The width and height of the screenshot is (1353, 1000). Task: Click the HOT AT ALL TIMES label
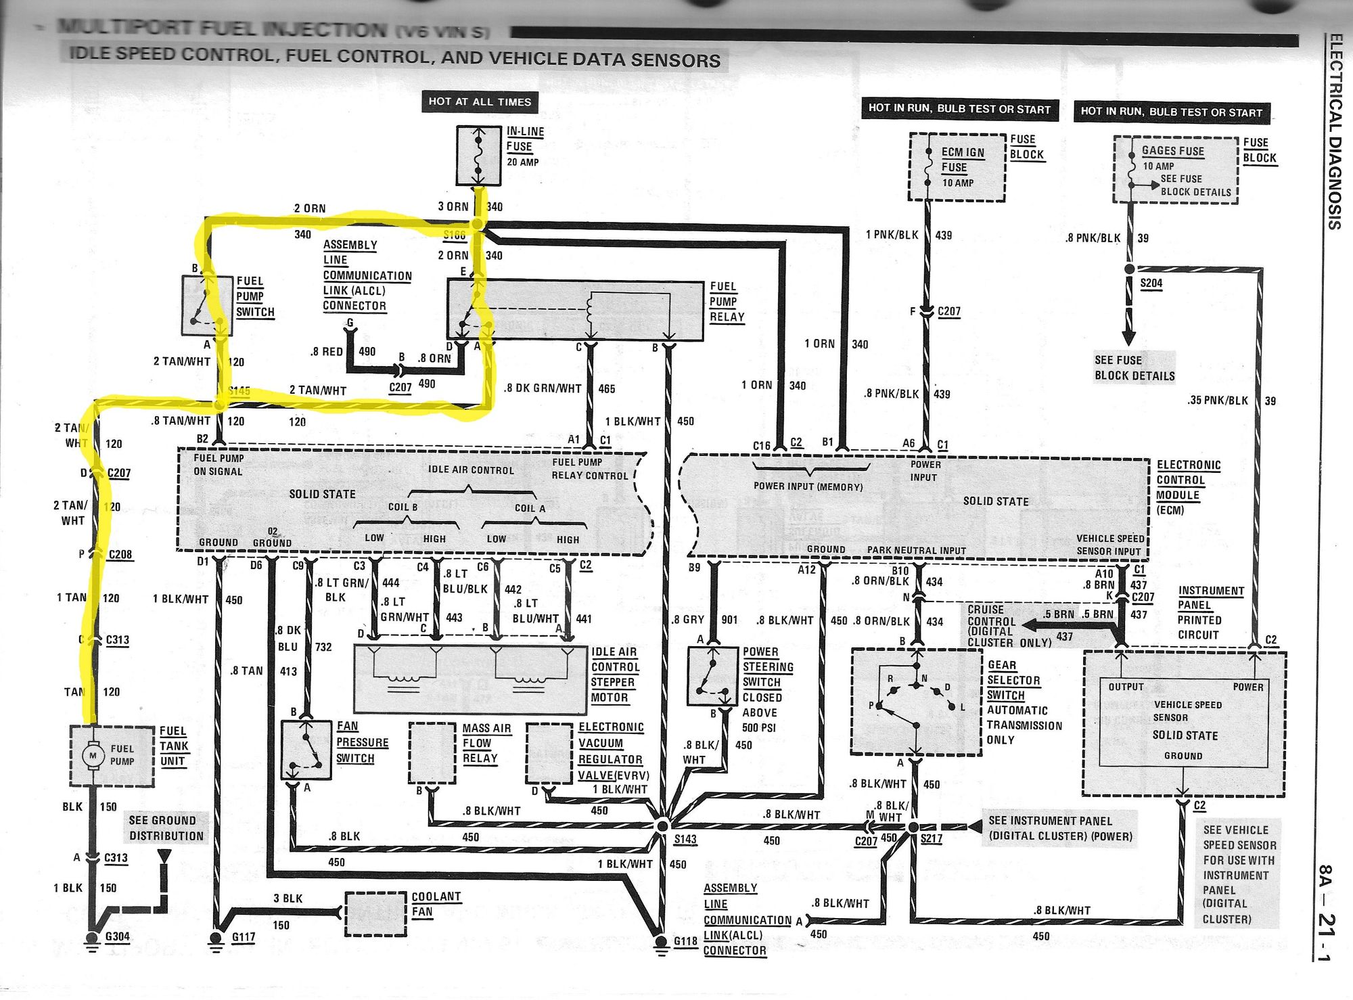click(480, 102)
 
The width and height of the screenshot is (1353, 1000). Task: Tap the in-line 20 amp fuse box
click(478, 156)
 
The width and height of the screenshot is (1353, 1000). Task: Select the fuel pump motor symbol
click(93, 755)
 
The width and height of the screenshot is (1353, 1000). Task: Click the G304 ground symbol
click(91, 939)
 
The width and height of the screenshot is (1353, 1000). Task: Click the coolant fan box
click(375, 913)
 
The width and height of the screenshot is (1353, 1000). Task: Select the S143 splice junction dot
click(662, 825)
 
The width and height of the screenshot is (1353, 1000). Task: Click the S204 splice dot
click(1129, 269)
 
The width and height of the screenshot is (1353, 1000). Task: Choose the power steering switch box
click(712, 677)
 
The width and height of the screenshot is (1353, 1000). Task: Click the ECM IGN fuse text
click(963, 160)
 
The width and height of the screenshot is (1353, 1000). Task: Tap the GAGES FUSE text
click(1172, 151)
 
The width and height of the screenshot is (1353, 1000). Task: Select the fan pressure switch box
click(306, 750)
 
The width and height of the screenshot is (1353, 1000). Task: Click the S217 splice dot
click(913, 827)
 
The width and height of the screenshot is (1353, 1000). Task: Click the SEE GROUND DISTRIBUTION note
click(166, 828)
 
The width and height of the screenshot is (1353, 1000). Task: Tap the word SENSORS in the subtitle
click(675, 61)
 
